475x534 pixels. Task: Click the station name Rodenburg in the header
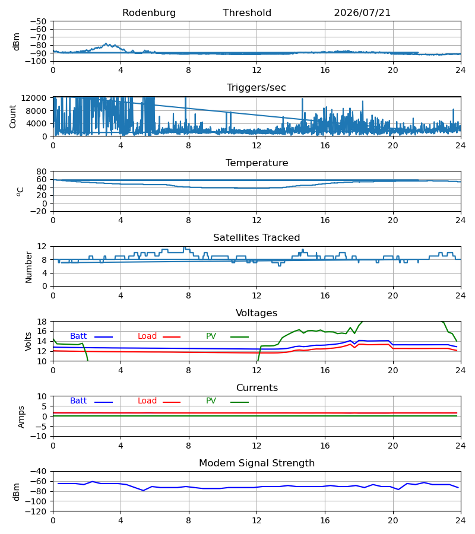[149, 13]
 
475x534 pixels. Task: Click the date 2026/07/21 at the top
[362, 13]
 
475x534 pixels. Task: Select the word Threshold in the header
[247, 13]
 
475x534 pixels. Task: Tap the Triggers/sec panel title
[256, 88]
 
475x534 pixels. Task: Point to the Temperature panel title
[256, 163]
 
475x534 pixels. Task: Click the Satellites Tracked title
[256, 238]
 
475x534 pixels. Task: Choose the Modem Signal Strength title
[256, 463]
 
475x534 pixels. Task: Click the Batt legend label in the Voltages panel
[78, 336]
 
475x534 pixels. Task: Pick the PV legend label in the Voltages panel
[211, 336]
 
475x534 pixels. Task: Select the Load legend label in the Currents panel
[147, 401]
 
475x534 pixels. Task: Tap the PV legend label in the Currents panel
[211, 401]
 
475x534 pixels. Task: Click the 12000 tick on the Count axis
[34, 98]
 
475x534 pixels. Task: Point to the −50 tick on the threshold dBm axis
[38, 21]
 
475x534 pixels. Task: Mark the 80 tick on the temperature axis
[42, 171]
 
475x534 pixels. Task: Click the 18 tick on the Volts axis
[42, 322]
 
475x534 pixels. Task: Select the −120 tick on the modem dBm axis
[36, 511]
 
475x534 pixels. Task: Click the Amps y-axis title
[21, 417]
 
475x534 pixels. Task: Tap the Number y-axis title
[28, 268]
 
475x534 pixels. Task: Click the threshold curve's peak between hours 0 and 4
[106, 43]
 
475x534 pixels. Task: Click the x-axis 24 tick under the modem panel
[461, 521]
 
